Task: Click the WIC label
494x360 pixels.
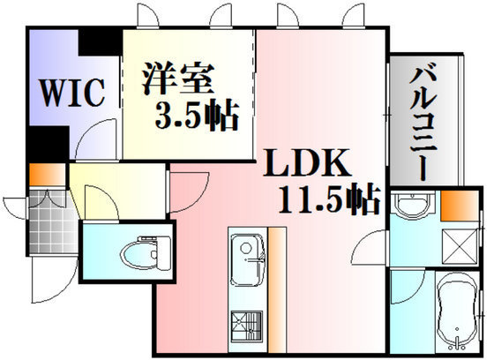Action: (x=72, y=93)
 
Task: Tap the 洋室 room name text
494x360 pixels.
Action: (x=178, y=79)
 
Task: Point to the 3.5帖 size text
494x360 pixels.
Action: (x=197, y=115)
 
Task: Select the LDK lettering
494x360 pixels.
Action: (x=307, y=163)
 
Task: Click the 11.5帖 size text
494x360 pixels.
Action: (x=329, y=199)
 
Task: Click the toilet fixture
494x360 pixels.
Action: (x=146, y=253)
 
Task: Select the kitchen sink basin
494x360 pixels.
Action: (x=247, y=260)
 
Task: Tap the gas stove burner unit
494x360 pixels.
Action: (x=247, y=326)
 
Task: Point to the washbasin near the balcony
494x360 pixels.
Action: (x=412, y=204)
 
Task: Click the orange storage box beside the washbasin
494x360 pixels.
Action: (x=460, y=206)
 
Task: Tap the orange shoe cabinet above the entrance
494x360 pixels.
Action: (x=48, y=175)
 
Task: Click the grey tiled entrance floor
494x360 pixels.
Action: (x=53, y=221)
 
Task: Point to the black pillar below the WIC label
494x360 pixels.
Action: (x=48, y=144)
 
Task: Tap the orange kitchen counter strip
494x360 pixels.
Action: (x=277, y=289)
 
